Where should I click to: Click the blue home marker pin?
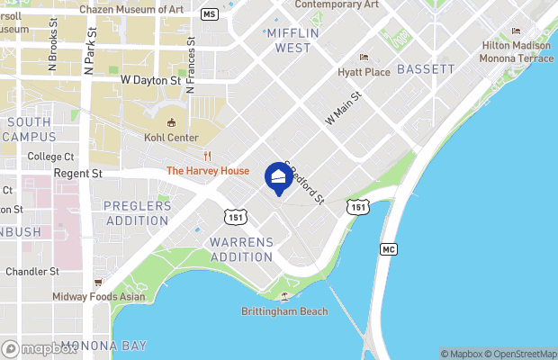[278, 177]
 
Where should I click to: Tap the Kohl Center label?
[170, 138]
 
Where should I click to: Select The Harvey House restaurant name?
[208, 171]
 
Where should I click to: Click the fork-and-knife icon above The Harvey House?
[207, 156]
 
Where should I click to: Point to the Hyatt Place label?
[363, 71]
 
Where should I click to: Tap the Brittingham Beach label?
[284, 311]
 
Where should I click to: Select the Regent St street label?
[78, 173]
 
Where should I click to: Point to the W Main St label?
[342, 107]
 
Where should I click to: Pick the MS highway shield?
[209, 14]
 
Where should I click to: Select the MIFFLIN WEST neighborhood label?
[292, 40]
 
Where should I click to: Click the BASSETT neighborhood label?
[426, 68]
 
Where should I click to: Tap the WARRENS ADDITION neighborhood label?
[240, 249]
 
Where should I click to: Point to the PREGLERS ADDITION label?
[137, 212]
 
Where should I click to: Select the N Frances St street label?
[191, 66]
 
